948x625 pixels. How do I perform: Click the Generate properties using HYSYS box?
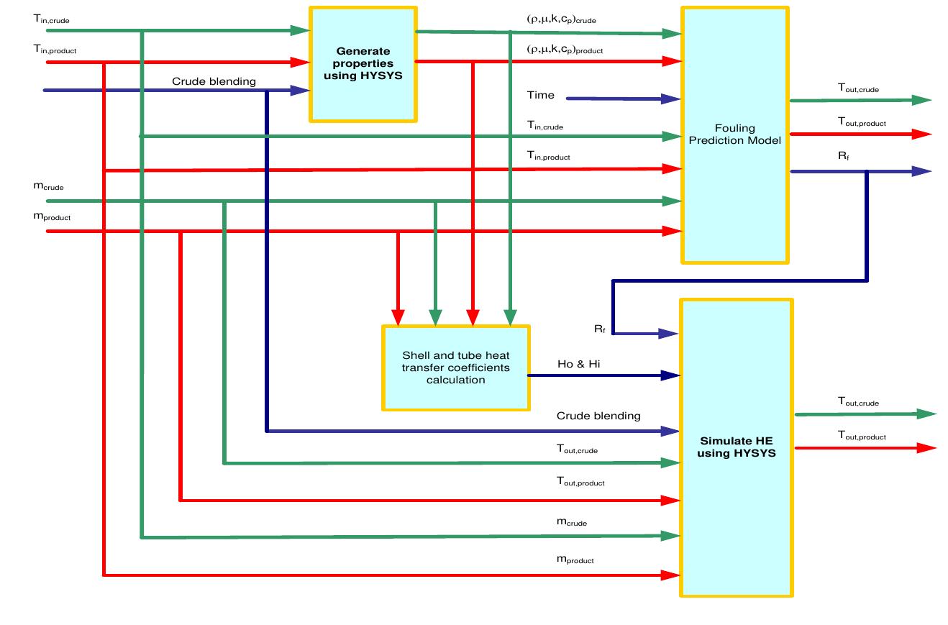click(x=363, y=64)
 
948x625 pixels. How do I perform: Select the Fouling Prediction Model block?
click(x=734, y=134)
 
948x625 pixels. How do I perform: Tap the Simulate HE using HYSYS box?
click(x=737, y=447)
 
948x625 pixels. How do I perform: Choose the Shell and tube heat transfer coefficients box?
click(x=455, y=368)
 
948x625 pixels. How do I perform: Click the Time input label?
click(x=541, y=95)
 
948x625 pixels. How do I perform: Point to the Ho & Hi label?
click(x=578, y=365)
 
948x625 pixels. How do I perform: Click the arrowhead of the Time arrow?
click(x=673, y=99)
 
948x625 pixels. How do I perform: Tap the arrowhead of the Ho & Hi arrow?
click(x=671, y=375)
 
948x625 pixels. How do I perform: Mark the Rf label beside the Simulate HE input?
click(x=599, y=329)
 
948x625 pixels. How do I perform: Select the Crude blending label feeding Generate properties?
click(x=214, y=81)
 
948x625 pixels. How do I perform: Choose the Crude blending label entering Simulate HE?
click(x=598, y=416)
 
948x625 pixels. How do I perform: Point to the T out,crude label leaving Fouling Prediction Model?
click(x=858, y=88)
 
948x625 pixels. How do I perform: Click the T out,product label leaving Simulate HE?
click(x=862, y=435)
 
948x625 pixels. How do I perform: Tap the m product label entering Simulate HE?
click(x=575, y=559)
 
